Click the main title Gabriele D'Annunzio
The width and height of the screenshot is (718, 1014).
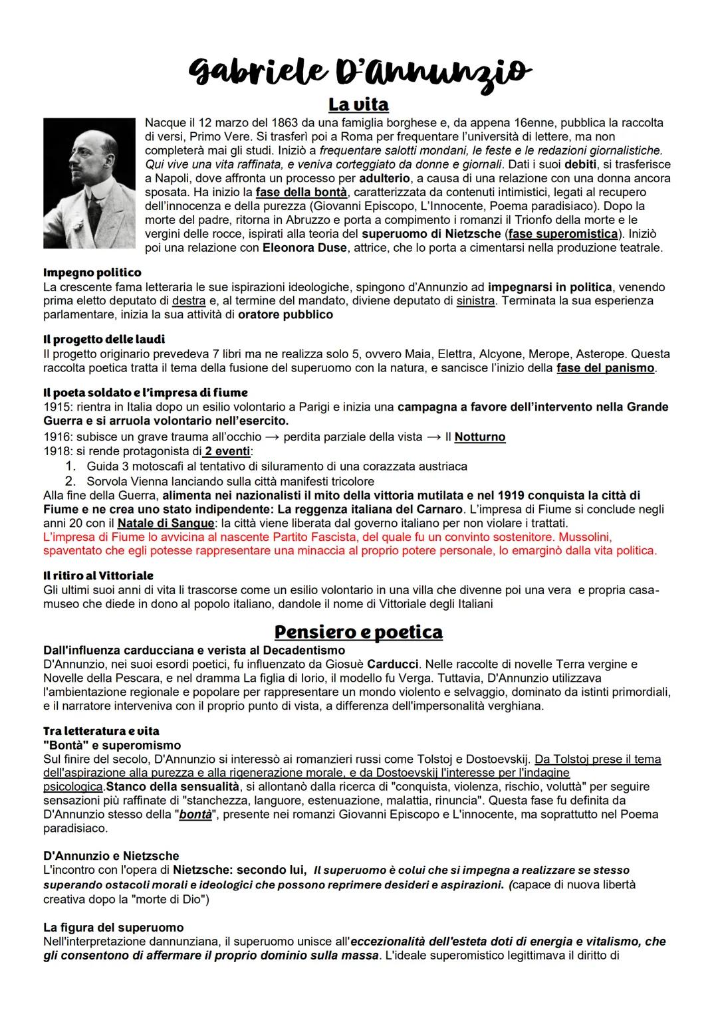(x=360, y=70)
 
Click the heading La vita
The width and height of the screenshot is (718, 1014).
(x=358, y=105)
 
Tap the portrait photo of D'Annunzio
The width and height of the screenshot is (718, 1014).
(x=88, y=183)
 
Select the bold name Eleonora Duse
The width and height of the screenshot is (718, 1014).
(x=304, y=249)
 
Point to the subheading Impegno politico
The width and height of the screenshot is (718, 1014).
(x=92, y=272)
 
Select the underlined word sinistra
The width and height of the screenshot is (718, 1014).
(x=475, y=301)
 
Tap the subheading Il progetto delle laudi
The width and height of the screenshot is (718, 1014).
(x=104, y=340)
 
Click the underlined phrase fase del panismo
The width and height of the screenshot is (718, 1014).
(x=605, y=368)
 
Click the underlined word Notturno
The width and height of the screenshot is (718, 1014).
(x=480, y=437)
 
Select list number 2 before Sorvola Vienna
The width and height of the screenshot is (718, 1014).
(x=68, y=481)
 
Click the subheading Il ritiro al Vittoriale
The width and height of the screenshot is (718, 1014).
(x=98, y=575)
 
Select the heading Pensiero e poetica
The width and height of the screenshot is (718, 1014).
(x=358, y=631)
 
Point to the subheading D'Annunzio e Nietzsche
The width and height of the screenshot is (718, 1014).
(x=111, y=856)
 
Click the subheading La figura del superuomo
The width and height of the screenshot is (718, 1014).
(x=113, y=927)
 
